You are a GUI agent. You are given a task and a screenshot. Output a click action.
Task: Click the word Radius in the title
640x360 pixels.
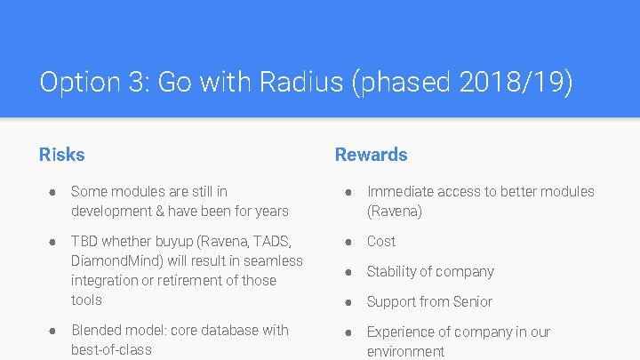tap(300, 83)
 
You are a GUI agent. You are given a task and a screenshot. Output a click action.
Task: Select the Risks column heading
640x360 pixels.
tap(61, 155)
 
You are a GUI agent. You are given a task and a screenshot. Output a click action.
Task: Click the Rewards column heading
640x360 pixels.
tap(371, 155)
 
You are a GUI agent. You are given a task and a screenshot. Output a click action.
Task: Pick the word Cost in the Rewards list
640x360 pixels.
tap(381, 241)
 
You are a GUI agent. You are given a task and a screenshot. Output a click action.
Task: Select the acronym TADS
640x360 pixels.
tap(273, 241)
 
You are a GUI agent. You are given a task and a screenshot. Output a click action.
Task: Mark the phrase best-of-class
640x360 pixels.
tap(111, 349)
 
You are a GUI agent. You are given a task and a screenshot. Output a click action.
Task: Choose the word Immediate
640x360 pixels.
tap(400, 191)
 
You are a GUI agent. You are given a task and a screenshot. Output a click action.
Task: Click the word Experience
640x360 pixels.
tap(401, 332)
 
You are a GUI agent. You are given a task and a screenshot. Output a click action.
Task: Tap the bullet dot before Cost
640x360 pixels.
tap(350, 241)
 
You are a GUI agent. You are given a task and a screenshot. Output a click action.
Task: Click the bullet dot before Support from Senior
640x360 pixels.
tap(350, 301)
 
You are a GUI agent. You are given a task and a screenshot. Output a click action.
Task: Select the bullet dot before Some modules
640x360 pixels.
tap(54, 191)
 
